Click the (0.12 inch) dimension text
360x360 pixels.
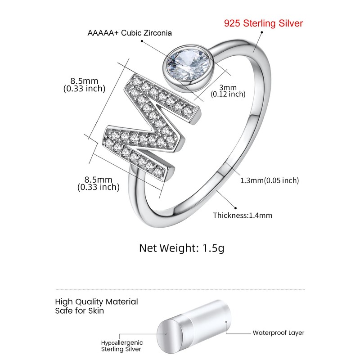click(228, 94)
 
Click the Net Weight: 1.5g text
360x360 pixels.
click(181, 248)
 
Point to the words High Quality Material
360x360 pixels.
click(96, 301)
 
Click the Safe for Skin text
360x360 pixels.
click(80, 310)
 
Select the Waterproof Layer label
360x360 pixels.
click(278, 333)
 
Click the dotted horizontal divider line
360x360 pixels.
click(180, 289)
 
